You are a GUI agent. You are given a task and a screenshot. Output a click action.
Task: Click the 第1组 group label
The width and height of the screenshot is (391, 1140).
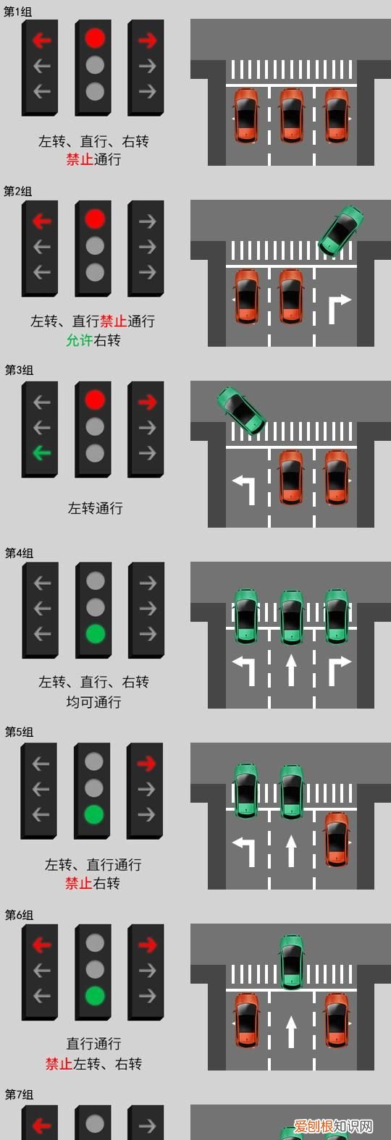click(18, 12)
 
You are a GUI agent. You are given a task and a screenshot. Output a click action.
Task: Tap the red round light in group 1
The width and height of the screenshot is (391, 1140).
click(95, 38)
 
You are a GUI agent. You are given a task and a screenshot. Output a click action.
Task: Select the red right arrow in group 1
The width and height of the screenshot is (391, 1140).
click(147, 40)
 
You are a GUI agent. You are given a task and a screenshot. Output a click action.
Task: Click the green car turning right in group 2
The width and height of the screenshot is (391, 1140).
click(341, 229)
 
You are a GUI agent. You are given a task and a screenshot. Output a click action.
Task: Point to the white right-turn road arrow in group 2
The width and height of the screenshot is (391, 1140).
click(339, 308)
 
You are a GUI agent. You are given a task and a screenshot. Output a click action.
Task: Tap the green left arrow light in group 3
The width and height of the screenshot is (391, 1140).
click(42, 454)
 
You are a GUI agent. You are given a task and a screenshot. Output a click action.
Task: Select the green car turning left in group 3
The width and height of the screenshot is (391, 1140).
click(241, 410)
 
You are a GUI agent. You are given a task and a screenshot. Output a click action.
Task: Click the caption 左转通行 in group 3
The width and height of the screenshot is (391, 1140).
click(95, 508)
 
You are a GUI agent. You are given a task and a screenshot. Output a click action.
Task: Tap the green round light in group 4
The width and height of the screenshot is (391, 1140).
click(95, 634)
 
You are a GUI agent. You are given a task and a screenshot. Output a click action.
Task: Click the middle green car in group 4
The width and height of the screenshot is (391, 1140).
click(291, 617)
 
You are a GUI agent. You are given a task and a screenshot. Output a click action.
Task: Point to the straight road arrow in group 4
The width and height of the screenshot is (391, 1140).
click(291, 670)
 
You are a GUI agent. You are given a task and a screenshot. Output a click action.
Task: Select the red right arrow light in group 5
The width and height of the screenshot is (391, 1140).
click(146, 763)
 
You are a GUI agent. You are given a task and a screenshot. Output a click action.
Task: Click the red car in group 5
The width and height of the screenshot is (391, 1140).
click(336, 839)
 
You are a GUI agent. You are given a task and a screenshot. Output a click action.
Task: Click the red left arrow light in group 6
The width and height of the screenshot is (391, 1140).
click(42, 945)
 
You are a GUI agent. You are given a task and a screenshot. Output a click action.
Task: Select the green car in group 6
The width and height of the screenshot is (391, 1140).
click(291, 961)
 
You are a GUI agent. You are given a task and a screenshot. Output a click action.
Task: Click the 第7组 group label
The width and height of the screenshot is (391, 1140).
click(19, 1094)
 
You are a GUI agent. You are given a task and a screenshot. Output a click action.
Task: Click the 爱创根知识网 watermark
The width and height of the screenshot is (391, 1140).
click(332, 1127)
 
